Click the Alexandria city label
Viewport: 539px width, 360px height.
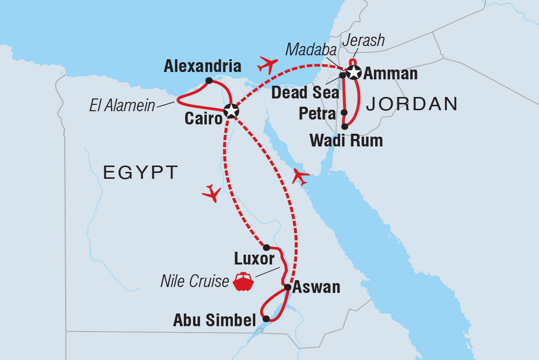pyautogui.click(x=202, y=66)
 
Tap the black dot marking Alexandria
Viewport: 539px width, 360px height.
pyautogui.click(x=209, y=80)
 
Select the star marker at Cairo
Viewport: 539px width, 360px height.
pyautogui.click(x=230, y=111)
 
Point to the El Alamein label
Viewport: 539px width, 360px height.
pyautogui.click(x=122, y=105)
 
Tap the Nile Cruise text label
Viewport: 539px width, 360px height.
pyautogui.click(x=195, y=281)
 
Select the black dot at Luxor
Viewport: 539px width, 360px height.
pyautogui.click(x=266, y=247)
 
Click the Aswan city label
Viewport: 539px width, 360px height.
pyautogui.click(x=316, y=287)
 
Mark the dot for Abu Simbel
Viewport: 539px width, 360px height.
pyautogui.click(x=266, y=318)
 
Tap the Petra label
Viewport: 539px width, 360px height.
pyautogui.click(x=317, y=114)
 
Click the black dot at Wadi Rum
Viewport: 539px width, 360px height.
pyautogui.click(x=344, y=126)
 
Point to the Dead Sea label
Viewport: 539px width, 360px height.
pyautogui.click(x=305, y=92)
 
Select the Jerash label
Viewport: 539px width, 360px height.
pyautogui.click(x=363, y=41)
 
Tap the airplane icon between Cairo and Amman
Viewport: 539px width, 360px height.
pyautogui.click(x=268, y=64)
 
